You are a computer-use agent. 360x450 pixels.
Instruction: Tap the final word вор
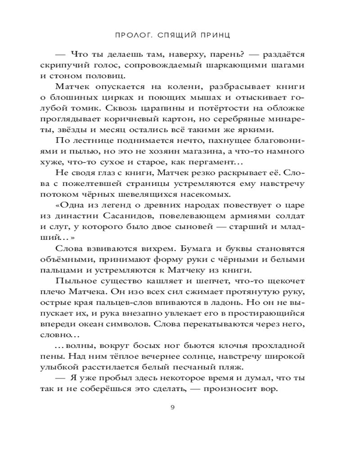(x=272, y=390)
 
